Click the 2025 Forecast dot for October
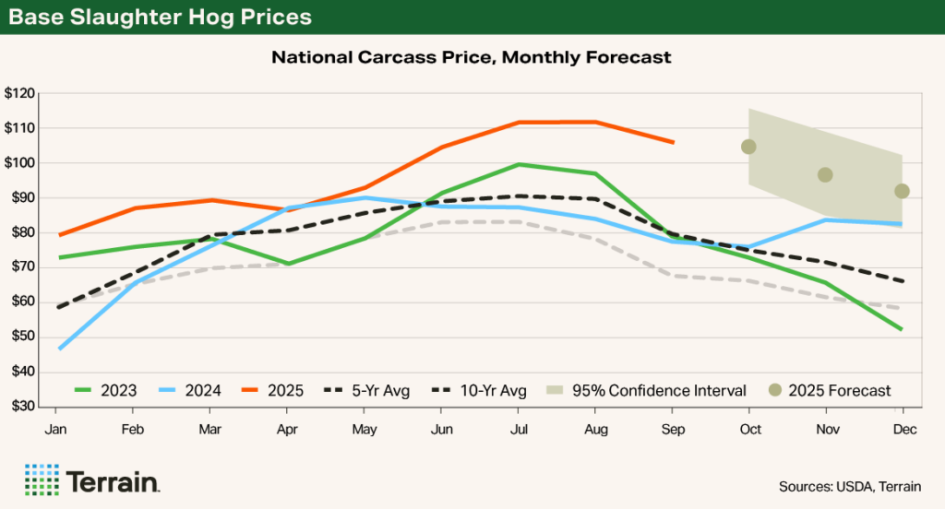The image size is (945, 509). [748, 147]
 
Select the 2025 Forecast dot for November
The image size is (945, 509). [825, 174]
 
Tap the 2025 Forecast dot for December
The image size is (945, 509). [902, 191]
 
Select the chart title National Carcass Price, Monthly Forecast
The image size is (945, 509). [472, 57]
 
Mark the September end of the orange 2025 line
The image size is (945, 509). [673, 142]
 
